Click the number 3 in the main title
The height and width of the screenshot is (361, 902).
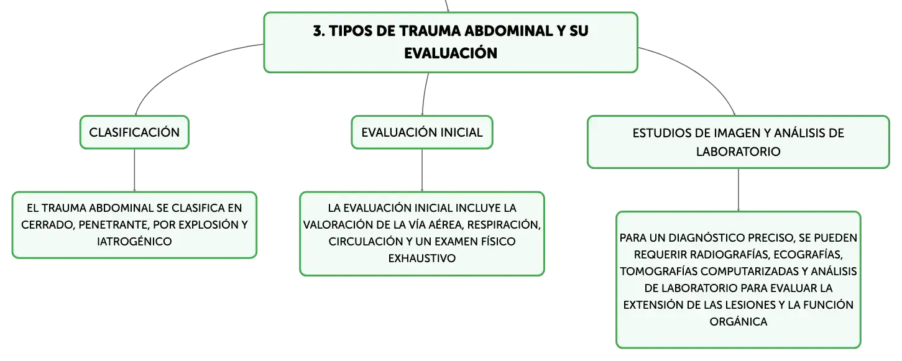point(318,31)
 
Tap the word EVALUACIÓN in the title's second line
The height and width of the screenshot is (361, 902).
point(451,53)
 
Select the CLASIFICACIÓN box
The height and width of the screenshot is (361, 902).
point(134,132)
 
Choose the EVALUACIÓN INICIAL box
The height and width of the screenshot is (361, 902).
point(422,132)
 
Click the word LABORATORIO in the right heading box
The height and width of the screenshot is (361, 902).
point(738,152)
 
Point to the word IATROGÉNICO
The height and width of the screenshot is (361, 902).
point(134,242)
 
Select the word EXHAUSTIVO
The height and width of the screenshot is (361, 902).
point(422,258)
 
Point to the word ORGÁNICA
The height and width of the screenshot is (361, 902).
point(738,322)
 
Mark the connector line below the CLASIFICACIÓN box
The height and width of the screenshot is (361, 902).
point(134,170)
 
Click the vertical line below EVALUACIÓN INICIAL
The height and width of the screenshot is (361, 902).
point(422,170)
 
